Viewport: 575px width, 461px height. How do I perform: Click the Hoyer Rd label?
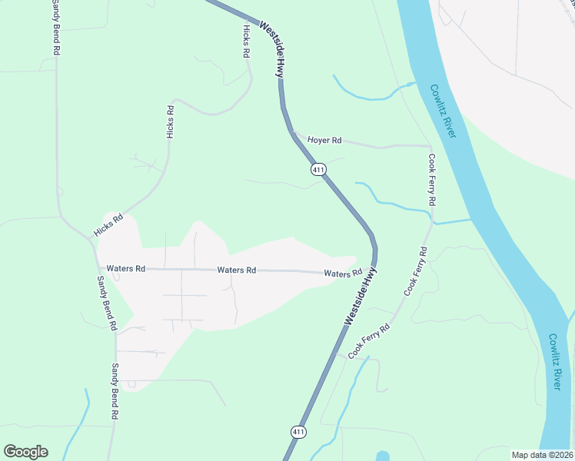click(324, 141)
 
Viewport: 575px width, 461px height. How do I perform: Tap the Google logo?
click(25, 452)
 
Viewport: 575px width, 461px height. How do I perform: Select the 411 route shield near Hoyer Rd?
click(318, 169)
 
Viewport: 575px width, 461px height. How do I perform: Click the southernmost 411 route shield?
click(298, 433)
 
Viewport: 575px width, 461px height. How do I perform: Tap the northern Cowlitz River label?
click(443, 111)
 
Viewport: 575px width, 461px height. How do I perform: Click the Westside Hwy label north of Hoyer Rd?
click(273, 48)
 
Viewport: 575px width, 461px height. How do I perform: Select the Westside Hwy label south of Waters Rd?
click(361, 297)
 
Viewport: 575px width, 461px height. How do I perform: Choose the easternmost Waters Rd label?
click(343, 274)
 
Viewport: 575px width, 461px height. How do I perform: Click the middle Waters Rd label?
click(236, 270)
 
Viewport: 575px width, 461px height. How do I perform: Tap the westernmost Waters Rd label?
click(126, 269)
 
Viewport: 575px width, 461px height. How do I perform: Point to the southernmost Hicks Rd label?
click(108, 225)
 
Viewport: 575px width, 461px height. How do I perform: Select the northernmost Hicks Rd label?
click(246, 41)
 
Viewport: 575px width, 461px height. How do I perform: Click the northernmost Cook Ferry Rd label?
click(432, 180)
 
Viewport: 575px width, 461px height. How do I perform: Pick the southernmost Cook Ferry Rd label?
click(370, 341)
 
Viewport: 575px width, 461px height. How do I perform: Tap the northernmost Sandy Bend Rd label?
click(55, 27)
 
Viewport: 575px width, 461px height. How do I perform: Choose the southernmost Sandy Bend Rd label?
click(115, 391)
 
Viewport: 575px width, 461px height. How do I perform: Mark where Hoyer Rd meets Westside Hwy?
click(293, 134)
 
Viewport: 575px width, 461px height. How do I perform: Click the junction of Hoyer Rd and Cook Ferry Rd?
click(430, 145)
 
